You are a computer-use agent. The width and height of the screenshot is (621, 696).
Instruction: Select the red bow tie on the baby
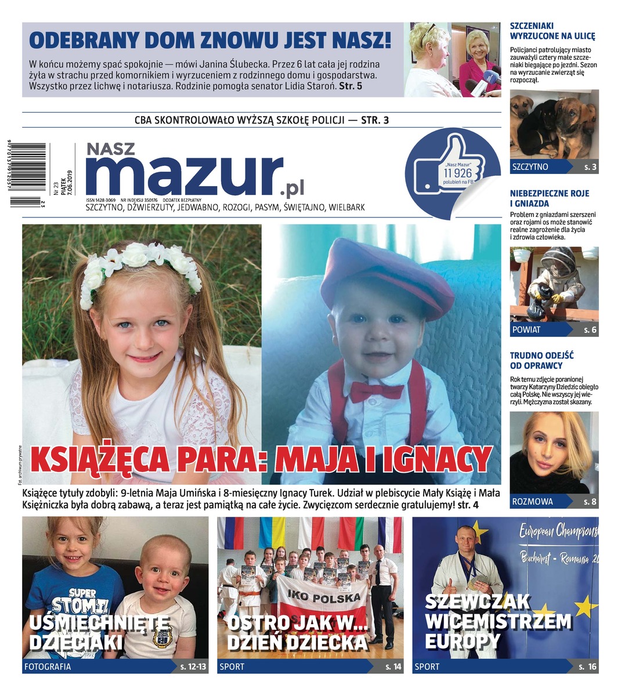coord(376,391)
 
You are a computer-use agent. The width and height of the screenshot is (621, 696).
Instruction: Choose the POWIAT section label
coord(526,329)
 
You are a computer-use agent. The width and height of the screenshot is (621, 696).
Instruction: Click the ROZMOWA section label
coord(532,501)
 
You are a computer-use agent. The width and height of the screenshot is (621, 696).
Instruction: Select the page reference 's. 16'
coord(587,666)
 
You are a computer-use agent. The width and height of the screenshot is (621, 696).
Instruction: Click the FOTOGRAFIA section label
coord(48,666)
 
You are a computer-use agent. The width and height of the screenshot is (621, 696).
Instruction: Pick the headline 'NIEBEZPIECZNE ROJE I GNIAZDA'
coord(550,198)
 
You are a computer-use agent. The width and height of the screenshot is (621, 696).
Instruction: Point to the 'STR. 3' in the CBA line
coord(375,121)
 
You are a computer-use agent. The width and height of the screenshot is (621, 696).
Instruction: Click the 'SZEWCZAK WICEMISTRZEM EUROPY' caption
coord(497,621)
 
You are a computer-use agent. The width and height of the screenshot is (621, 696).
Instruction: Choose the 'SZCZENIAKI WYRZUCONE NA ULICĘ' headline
coord(553,31)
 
